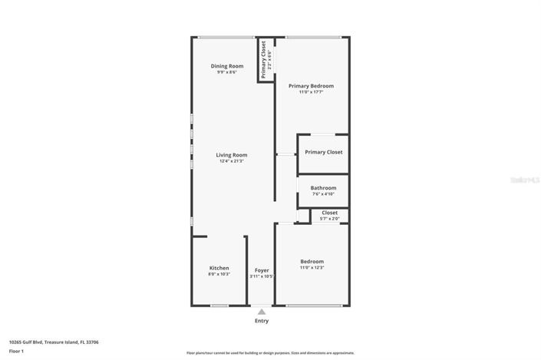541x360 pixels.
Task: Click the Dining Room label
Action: click(x=227, y=66)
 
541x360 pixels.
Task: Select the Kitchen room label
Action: click(x=219, y=268)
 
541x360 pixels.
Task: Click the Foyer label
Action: click(x=262, y=270)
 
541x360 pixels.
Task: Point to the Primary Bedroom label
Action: click(x=311, y=86)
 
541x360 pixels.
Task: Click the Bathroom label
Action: click(x=323, y=188)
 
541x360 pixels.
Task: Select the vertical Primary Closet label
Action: click(x=264, y=59)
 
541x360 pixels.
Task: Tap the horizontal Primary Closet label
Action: click(x=323, y=152)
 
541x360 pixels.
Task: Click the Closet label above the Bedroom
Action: click(x=329, y=213)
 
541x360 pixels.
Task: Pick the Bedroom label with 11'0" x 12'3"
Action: click(x=312, y=262)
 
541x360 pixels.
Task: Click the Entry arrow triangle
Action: click(x=262, y=312)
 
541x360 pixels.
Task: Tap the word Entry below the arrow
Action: click(x=262, y=321)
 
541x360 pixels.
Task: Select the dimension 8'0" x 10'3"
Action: click(x=219, y=274)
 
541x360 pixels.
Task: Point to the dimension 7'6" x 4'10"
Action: click(x=323, y=194)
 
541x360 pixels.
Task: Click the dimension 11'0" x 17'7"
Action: click(x=311, y=92)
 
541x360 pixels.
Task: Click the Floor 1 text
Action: click(x=16, y=351)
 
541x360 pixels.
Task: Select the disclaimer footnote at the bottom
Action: click(x=269, y=353)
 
